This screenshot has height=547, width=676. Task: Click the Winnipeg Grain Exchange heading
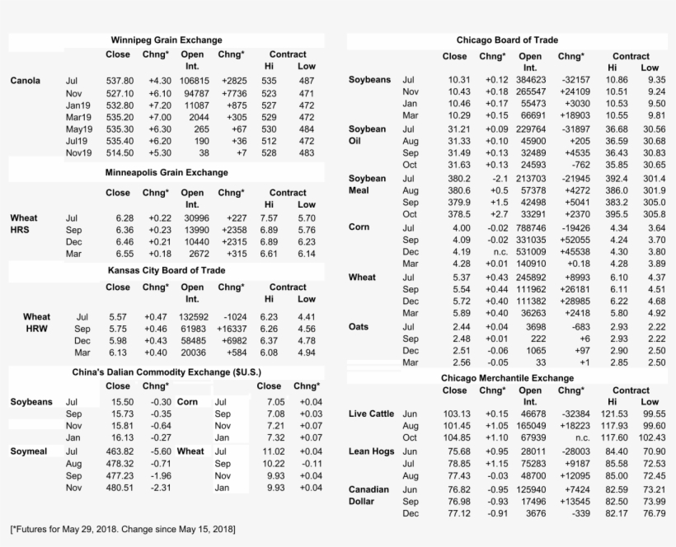(x=167, y=40)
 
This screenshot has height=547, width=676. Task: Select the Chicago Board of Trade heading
(x=506, y=40)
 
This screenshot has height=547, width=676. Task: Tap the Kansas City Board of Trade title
(x=167, y=270)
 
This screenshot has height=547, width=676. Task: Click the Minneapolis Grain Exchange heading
(x=167, y=173)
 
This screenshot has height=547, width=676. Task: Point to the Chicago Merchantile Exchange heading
(x=506, y=377)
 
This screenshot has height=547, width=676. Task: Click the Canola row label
(x=26, y=81)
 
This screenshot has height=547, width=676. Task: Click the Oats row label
(x=359, y=327)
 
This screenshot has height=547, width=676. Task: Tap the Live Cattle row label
(x=372, y=413)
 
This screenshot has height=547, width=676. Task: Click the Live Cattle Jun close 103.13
(x=456, y=413)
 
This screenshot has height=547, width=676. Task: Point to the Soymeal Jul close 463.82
(x=118, y=451)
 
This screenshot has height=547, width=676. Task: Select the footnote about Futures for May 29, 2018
(x=122, y=527)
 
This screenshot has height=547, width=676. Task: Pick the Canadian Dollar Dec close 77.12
(x=458, y=514)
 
